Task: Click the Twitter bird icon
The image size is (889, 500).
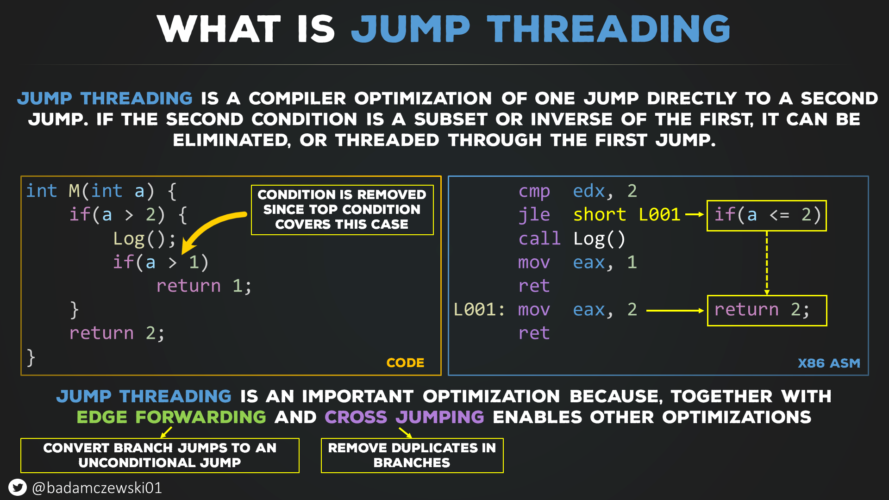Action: pyautogui.click(x=18, y=487)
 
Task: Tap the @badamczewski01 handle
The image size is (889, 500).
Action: pyautogui.click(x=97, y=488)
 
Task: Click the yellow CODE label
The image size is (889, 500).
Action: pyautogui.click(x=405, y=362)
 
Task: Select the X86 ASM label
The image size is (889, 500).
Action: pyautogui.click(x=829, y=363)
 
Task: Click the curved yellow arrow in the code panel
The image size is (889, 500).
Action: pyautogui.click(x=208, y=227)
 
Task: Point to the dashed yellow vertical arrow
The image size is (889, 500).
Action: pyautogui.click(x=767, y=263)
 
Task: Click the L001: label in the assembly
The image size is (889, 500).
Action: pyautogui.click(x=479, y=309)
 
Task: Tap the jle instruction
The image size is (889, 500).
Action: pyautogui.click(x=534, y=215)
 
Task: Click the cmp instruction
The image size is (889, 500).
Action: pyautogui.click(x=534, y=191)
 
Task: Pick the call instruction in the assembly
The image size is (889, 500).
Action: pyautogui.click(x=539, y=238)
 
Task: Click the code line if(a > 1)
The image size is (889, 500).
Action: pyautogui.click(x=161, y=262)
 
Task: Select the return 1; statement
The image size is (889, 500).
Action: pyautogui.click(x=204, y=286)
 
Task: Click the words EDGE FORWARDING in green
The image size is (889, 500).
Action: pyautogui.click(x=171, y=417)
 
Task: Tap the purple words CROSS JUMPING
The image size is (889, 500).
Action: pyautogui.click(x=404, y=417)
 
